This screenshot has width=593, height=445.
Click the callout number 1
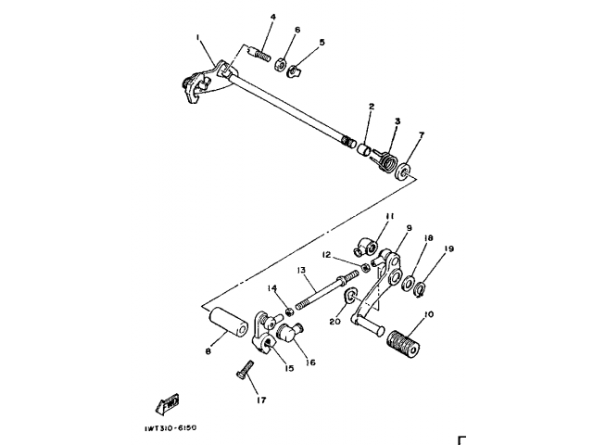[198, 37]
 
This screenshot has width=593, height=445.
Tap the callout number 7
[420, 136]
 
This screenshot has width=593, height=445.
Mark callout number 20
[334, 322]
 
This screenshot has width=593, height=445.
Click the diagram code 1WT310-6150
[171, 427]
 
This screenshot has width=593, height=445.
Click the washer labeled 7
[403, 171]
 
